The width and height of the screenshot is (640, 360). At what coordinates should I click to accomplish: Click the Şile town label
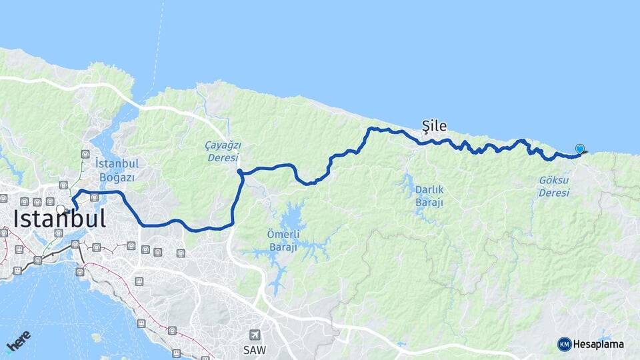point(434,125)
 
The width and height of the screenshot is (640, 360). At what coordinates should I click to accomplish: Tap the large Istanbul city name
point(60,219)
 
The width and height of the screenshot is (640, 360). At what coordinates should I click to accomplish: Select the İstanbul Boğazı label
point(117,170)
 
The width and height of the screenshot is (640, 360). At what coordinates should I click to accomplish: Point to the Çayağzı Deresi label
point(223,151)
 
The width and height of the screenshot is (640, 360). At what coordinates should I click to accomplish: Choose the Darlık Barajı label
point(429,195)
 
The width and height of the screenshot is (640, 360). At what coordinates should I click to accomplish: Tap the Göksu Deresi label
point(554,187)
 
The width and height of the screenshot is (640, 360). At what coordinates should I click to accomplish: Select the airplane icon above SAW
point(254,335)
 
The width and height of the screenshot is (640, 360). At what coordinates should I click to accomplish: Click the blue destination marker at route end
point(580,149)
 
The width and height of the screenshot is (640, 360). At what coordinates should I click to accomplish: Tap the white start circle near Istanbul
point(61,209)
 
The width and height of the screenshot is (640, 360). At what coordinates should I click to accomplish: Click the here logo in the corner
point(19,341)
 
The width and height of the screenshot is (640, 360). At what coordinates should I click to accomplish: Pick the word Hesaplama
point(599,345)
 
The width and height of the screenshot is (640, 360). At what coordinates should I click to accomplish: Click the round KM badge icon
point(565,345)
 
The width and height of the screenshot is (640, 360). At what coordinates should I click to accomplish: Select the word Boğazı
point(117,177)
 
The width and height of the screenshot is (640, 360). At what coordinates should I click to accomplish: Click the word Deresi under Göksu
point(554,193)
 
